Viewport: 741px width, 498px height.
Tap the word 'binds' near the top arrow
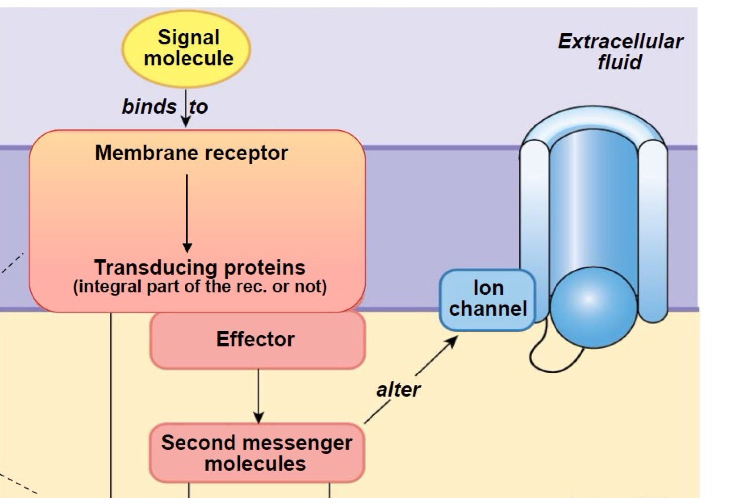coord(149,106)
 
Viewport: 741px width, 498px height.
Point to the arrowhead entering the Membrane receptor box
coord(185,123)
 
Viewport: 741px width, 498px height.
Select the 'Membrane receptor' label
coord(191,153)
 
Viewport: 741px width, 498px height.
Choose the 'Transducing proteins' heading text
coord(199,267)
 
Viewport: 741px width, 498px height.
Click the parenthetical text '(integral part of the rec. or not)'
coord(199,287)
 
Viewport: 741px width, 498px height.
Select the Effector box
coord(256,340)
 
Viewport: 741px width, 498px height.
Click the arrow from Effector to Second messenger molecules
coord(258,396)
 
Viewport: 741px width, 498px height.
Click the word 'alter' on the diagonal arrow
coord(398,389)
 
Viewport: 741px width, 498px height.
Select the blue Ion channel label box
coord(487,299)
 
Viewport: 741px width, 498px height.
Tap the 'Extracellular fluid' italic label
coord(620,52)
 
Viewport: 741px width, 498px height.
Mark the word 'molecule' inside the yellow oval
coord(188,59)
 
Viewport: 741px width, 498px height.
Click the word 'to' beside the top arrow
coord(199,106)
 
